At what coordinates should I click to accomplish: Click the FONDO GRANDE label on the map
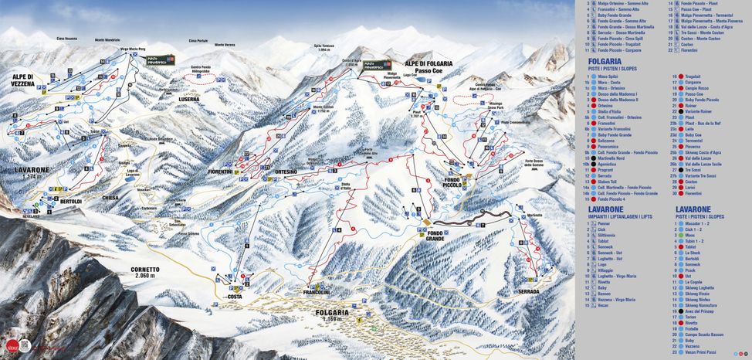(435, 236)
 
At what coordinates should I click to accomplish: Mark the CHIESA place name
(110, 198)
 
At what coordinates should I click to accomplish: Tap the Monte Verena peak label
(225, 46)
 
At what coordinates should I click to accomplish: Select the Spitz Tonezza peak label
(323, 47)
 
